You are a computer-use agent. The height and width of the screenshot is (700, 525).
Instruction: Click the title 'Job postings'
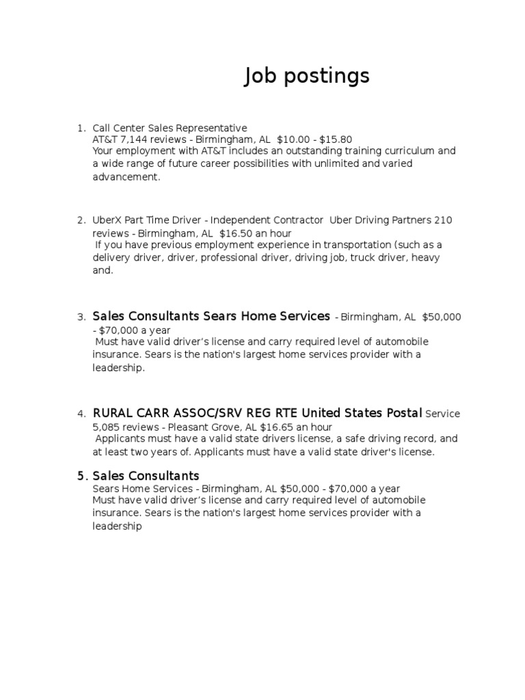(307, 77)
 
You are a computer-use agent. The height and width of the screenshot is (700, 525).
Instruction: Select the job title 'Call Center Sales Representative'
(170, 128)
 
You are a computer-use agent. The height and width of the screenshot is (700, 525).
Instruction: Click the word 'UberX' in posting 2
(107, 220)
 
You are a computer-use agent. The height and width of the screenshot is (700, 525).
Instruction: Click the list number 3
(81, 317)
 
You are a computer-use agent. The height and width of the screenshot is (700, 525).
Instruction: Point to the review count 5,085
(106, 426)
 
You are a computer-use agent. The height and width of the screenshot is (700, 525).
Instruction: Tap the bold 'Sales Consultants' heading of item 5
(146, 476)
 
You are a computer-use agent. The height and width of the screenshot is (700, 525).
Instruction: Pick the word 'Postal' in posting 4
(401, 413)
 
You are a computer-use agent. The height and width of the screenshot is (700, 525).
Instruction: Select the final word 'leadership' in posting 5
(117, 527)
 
